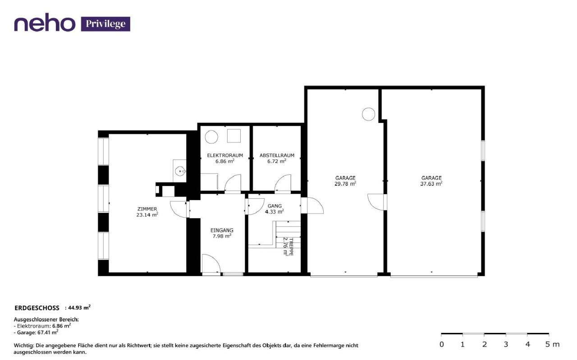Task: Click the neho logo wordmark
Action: point(45,23)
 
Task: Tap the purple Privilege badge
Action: point(105,24)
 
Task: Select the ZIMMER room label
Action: point(147,209)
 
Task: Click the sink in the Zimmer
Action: point(180,171)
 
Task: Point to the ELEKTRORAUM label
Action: point(225,155)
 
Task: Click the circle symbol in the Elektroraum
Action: point(211,137)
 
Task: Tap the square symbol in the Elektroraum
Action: point(234,136)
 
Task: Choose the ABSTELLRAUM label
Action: point(277,155)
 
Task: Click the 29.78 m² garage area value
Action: point(345,184)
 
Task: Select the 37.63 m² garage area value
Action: point(431,184)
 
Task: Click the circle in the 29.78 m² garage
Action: point(368,114)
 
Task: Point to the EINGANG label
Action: point(222,230)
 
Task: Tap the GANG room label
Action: point(275,206)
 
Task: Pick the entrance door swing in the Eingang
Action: point(211,263)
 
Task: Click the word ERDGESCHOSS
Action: point(37,308)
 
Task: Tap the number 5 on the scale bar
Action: point(548,344)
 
